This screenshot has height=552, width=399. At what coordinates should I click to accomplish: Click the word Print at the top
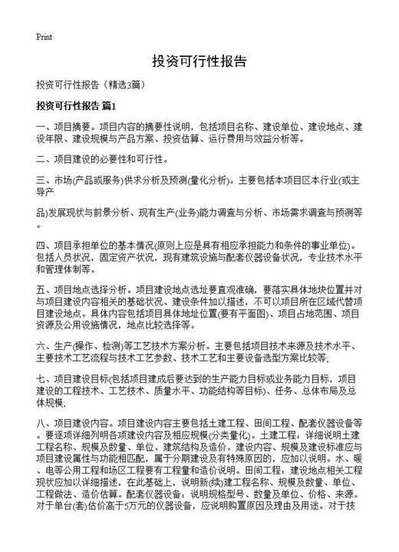tap(44, 36)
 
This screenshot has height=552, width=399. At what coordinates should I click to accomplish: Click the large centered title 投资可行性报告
tap(199, 62)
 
